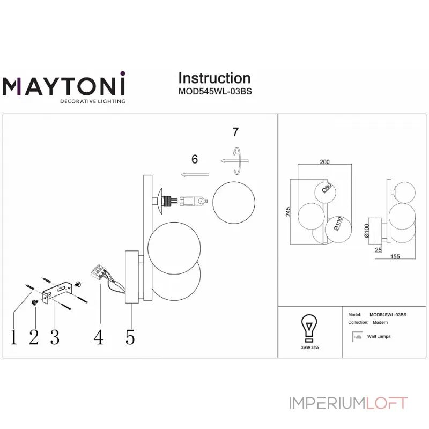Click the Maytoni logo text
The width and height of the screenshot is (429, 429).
pos(64,86)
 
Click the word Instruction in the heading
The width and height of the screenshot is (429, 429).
pos(214,78)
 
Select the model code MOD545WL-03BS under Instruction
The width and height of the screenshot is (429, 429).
pos(214,91)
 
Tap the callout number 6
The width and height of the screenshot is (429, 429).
pos(195,159)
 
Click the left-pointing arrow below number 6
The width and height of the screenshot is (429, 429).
pos(195,174)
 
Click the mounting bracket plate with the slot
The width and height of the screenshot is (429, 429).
pos(57,291)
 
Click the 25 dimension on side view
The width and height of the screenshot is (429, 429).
pos(379,250)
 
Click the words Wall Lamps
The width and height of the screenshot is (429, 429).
pos(379,337)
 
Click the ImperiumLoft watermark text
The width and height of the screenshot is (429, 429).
pos(348,403)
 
